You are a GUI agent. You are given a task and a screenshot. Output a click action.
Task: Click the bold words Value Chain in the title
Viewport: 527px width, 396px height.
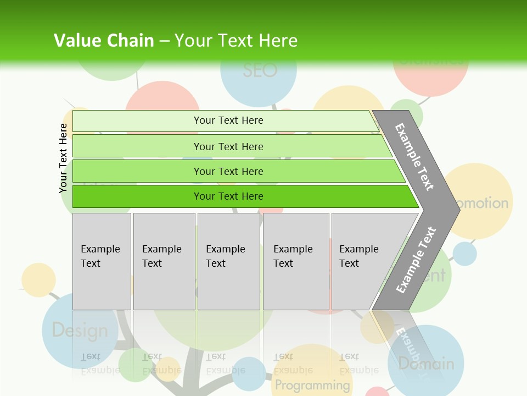coord(104,40)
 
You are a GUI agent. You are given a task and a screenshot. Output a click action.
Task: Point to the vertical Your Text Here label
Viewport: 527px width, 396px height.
coord(64,158)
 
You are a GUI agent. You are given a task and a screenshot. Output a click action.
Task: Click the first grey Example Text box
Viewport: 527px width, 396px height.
coord(102,261)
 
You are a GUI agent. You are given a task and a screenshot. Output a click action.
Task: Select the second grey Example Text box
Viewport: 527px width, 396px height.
coord(164,261)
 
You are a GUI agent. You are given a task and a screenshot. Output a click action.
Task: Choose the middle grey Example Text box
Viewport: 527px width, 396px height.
coord(228,261)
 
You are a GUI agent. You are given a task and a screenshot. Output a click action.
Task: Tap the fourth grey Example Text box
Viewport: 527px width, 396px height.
coord(295,261)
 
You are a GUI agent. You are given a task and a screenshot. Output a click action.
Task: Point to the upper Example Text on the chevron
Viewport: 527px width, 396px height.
coord(414,157)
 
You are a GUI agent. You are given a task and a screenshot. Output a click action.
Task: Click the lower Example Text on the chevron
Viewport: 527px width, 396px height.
coord(416,260)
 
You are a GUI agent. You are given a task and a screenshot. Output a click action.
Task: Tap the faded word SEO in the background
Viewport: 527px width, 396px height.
coord(260,70)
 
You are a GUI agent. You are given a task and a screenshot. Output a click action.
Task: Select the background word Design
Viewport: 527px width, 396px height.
coord(80,331)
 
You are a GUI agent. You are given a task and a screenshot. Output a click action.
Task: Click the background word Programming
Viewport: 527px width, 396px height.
coord(312,384)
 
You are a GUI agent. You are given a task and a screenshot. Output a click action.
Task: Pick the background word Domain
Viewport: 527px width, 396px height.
coord(426,364)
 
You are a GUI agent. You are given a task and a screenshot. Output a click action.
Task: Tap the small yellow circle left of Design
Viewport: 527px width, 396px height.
coord(38,280)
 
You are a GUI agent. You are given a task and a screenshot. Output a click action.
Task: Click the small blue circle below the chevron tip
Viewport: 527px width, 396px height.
coord(465,254)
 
